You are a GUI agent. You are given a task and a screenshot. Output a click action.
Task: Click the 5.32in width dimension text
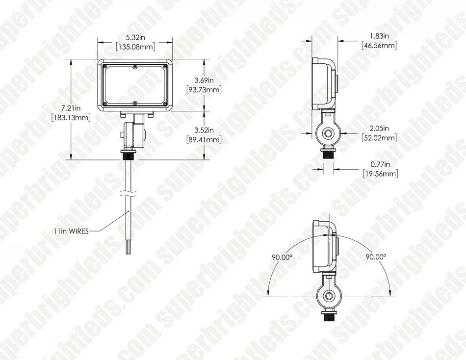click(x=135, y=37)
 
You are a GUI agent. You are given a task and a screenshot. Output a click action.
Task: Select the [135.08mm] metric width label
click(x=135, y=47)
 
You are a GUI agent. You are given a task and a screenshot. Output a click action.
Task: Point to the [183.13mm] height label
click(x=72, y=117)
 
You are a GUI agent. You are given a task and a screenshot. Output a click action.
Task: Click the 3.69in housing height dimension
click(x=204, y=80)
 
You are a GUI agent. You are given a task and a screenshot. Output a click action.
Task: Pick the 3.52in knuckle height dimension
click(x=204, y=130)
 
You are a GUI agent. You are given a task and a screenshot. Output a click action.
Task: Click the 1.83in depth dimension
click(x=379, y=36)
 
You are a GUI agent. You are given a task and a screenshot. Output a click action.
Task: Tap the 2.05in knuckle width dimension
click(x=379, y=129)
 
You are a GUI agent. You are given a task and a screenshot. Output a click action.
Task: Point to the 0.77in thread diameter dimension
click(x=380, y=164)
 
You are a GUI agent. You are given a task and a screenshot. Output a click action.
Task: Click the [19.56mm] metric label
click(x=380, y=174)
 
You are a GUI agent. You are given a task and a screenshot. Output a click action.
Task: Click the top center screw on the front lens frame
click(x=135, y=66)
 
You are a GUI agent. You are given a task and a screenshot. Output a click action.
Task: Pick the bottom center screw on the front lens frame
click(x=135, y=103)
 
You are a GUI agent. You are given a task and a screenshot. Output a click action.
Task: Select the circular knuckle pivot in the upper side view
click(x=328, y=133)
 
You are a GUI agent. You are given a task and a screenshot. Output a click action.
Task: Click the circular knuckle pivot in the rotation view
click(x=328, y=296)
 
